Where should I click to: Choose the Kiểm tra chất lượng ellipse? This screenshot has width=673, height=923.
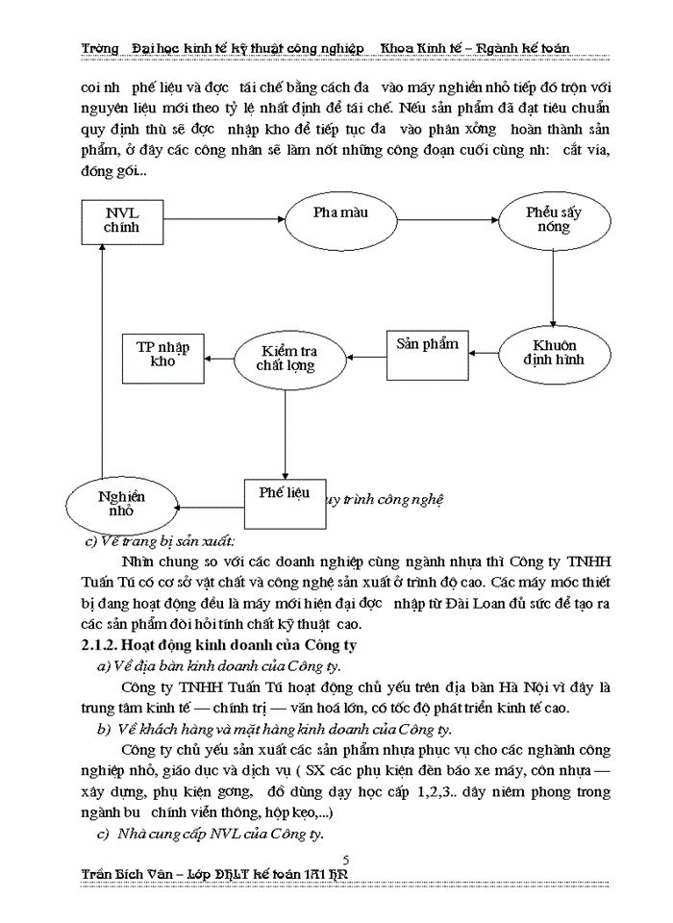[286, 358]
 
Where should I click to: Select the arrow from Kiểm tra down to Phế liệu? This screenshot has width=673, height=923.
[285, 429]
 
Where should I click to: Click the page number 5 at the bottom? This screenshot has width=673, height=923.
[346, 859]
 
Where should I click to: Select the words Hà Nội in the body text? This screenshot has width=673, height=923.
[526, 687]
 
